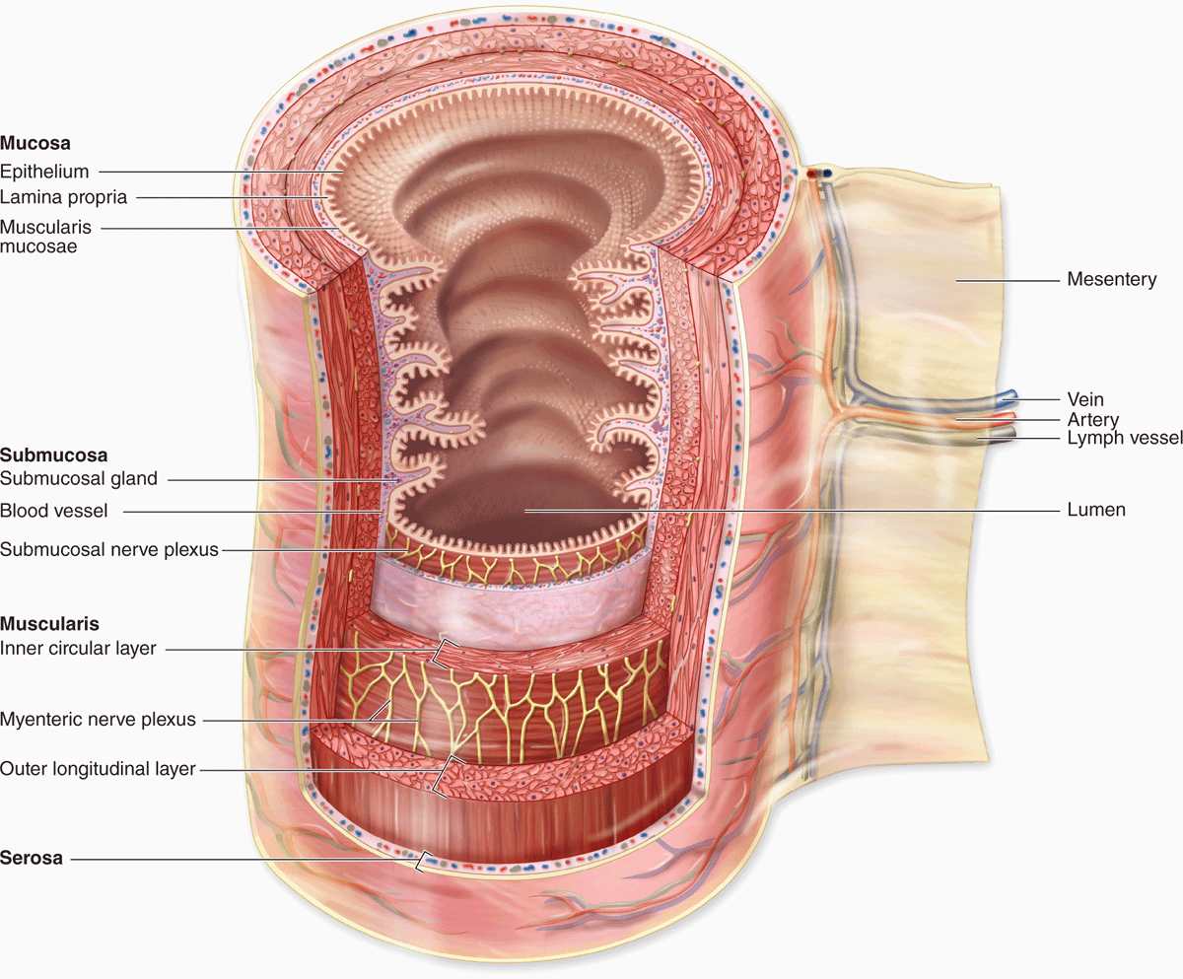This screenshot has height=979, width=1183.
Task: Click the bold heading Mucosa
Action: [35, 143]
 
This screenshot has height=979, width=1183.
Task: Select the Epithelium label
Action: [44, 172]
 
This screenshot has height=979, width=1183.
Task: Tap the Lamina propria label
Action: [63, 197]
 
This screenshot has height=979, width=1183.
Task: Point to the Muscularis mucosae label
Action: [45, 237]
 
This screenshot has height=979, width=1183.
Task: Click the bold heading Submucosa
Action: [54, 455]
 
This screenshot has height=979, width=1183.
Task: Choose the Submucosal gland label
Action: [79, 479]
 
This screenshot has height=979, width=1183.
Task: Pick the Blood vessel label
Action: [54, 511]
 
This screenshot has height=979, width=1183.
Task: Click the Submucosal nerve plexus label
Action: [109, 549]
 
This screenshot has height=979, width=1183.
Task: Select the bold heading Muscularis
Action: [50, 624]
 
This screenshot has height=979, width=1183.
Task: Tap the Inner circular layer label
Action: [78, 648]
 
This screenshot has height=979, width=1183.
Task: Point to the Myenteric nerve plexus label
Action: [98, 720]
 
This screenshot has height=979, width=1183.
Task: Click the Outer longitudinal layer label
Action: [98, 769]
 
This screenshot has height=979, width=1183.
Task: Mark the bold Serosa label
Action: [32, 858]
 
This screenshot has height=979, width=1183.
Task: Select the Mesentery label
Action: [1112, 279]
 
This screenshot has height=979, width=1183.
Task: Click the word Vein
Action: [1085, 399]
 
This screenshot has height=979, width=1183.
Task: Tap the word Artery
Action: [1093, 420]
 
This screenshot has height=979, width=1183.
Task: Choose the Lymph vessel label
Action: [1125, 438]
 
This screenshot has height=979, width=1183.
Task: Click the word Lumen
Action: [1096, 510]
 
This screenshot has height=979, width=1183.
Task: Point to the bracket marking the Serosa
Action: [419, 861]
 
